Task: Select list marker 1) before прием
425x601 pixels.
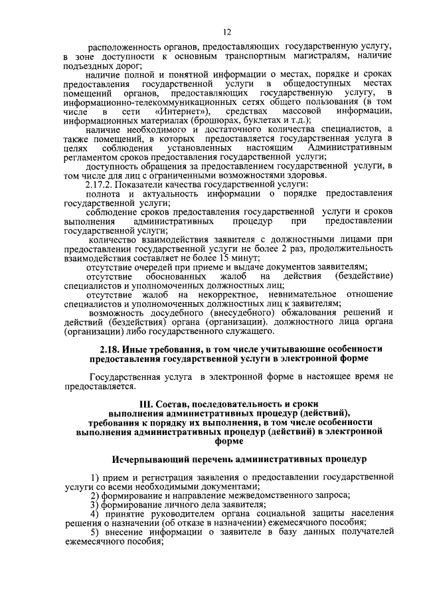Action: [x=95, y=477]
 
